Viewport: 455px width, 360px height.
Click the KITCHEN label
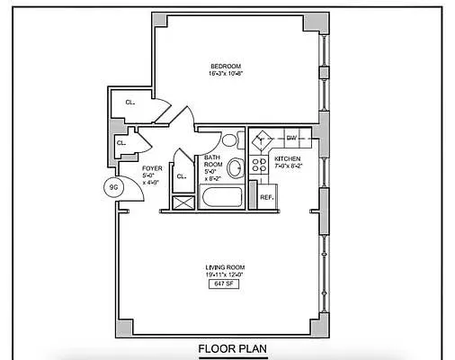pos(289,158)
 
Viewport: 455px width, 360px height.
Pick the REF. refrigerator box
pos(267,196)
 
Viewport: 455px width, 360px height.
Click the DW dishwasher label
pos(291,138)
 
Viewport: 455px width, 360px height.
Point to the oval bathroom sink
pos(236,168)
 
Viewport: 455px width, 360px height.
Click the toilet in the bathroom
pos(230,139)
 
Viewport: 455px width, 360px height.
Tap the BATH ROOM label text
pos(212,161)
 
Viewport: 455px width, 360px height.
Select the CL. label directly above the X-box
pos(182,176)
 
